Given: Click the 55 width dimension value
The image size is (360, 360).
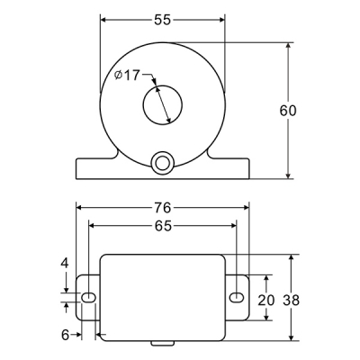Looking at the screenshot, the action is click(x=162, y=20).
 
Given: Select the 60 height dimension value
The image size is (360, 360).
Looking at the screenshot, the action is click(x=288, y=111).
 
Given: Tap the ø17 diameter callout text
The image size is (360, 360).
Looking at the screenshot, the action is click(x=128, y=75).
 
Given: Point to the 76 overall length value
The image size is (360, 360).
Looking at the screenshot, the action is click(x=162, y=208).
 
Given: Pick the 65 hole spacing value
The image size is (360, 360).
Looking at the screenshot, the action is click(x=164, y=226).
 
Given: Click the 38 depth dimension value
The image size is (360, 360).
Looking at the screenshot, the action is click(x=291, y=300).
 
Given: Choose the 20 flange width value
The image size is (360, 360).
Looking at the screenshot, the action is click(x=266, y=300).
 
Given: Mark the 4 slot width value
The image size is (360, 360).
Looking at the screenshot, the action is click(x=65, y=263).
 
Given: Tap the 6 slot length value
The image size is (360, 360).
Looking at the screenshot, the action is click(x=65, y=335).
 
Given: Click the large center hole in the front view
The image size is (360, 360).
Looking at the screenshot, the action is click(x=163, y=105).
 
